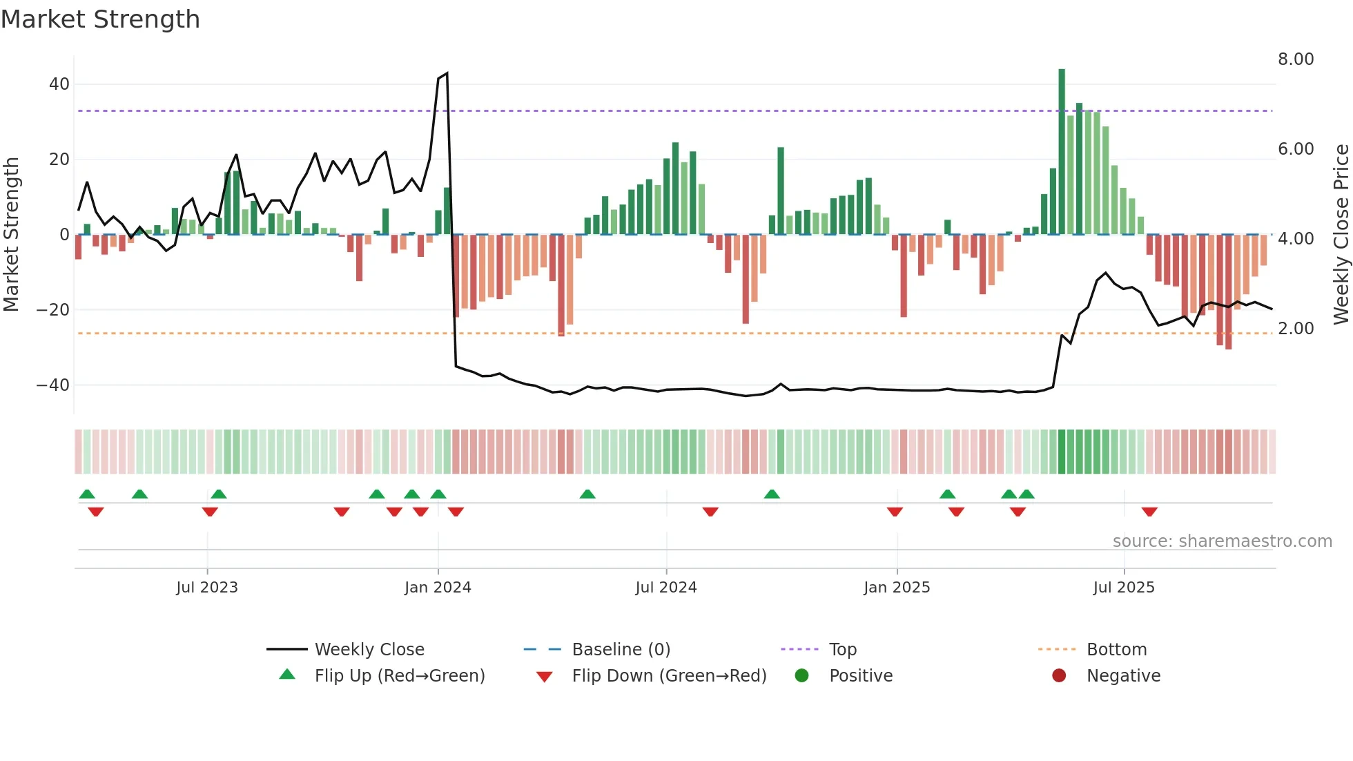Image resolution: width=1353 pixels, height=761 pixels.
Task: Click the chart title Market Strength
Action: [x=100, y=19]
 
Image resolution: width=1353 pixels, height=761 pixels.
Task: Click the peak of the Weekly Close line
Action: [x=447, y=73]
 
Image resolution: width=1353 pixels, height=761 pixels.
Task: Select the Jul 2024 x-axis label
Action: [x=665, y=588]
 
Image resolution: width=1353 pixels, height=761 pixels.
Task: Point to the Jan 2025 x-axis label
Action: [x=896, y=588]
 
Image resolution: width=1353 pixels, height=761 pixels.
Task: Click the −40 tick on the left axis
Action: [x=53, y=385]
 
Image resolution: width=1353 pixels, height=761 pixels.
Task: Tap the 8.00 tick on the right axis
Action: [x=1295, y=59]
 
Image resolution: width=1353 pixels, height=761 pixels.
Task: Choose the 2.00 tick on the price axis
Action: [x=1295, y=329]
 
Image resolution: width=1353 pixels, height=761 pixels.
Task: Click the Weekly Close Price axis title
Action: [x=1341, y=235]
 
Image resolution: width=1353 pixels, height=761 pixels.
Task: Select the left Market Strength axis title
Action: [x=11, y=235]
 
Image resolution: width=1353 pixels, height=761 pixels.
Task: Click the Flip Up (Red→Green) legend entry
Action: [x=399, y=676]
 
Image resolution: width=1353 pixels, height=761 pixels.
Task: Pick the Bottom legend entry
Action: [x=1116, y=650]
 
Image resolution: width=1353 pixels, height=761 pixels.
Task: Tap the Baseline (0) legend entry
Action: [x=621, y=650]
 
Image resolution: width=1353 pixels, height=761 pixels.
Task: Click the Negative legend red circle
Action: [x=1059, y=676]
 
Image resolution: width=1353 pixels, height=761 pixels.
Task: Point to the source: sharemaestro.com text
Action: [x=1222, y=541]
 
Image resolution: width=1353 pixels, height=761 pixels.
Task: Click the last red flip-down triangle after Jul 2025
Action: [x=1149, y=512]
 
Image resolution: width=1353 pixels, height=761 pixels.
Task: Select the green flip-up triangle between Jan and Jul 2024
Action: [x=587, y=494]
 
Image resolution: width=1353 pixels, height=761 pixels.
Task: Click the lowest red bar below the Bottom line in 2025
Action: [x=1228, y=331]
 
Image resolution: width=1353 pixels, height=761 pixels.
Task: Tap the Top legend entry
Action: [x=842, y=650]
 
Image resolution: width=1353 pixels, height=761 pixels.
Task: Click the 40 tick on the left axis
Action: [x=59, y=84]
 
